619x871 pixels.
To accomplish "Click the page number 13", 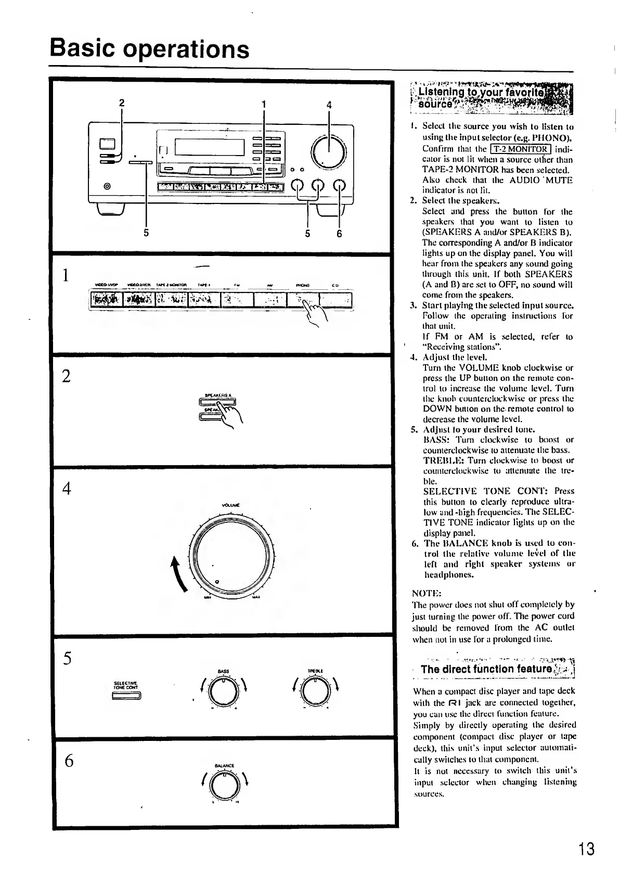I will click(x=586, y=849).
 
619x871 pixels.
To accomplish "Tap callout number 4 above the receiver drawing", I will click(x=329, y=104).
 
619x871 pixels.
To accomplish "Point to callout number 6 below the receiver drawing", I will click(x=339, y=234).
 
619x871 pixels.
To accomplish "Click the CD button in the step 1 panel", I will click(x=335, y=300).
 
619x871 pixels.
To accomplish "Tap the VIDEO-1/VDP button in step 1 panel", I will click(x=106, y=300).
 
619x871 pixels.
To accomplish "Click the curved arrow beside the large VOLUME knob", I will click(x=180, y=574).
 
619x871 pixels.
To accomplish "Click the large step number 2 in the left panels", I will click(x=66, y=376).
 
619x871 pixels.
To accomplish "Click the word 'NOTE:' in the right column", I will click(x=427, y=593).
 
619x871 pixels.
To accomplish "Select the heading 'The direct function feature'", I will click(x=486, y=669).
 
